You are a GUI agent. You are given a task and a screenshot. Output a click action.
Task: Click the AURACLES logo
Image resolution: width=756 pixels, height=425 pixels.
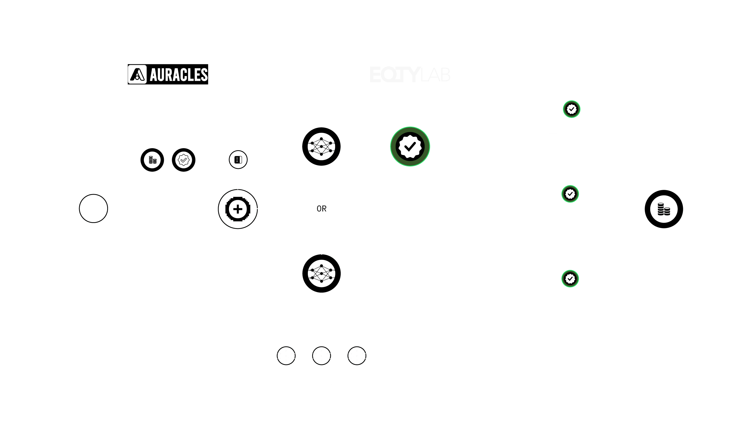168,74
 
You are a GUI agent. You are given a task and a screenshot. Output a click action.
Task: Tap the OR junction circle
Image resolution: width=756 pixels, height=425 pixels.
321,209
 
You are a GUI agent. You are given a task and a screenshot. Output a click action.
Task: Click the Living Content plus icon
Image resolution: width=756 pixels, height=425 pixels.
238,209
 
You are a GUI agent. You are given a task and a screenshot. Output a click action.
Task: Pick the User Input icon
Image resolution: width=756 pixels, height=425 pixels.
238,160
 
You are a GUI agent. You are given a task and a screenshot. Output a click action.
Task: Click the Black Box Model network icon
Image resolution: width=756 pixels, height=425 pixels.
321,146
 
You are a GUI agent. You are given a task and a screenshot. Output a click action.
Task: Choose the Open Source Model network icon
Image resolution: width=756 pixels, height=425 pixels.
321,273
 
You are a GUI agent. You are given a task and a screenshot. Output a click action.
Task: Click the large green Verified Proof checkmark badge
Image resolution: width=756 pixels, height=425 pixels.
410,146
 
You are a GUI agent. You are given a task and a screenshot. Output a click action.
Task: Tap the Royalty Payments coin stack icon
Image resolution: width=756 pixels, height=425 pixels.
664,209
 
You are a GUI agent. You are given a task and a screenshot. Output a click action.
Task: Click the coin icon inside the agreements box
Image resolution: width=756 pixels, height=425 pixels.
152,160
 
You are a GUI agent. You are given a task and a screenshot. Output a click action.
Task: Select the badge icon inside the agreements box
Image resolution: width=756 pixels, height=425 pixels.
183,160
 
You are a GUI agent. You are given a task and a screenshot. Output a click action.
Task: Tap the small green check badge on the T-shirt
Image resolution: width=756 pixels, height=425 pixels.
571,109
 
